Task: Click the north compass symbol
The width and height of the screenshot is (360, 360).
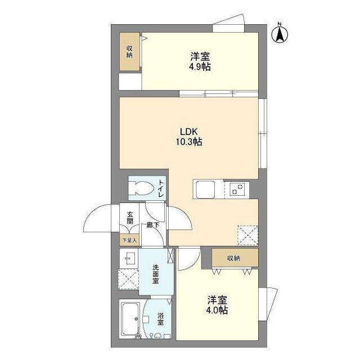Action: pyautogui.click(x=280, y=34)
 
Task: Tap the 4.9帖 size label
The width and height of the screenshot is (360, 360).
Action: pyautogui.click(x=200, y=67)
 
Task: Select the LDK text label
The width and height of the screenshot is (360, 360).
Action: pyautogui.click(x=189, y=132)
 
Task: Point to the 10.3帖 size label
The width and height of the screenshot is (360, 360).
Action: pyautogui.click(x=189, y=142)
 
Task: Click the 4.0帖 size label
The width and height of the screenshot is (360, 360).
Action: pyautogui.click(x=217, y=310)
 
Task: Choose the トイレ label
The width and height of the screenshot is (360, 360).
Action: pyautogui.click(x=161, y=188)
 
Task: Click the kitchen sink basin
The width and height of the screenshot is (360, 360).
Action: pyautogui.click(x=205, y=190)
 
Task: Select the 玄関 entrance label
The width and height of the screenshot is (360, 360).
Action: pyautogui.click(x=130, y=218)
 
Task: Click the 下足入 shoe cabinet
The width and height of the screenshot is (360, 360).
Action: pyautogui.click(x=129, y=240)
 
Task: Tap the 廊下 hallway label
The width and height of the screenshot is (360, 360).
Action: pyautogui.click(x=152, y=225)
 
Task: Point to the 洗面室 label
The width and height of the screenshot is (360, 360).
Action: pyautogui.click(x=155, y=274)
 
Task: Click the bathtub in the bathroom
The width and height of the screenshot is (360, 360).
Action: pyautogui.click(x=130, y=319)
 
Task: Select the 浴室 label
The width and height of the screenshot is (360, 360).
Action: pyautogui.click(x=160, y=318)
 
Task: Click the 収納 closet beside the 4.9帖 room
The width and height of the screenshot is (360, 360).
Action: pyautogui.click(x=129, y=52)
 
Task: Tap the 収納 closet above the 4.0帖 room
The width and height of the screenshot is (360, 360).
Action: pyautogui.click(x=235, y=258)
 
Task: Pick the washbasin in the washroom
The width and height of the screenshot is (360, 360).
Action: pyautogui.click(x=128, y=258)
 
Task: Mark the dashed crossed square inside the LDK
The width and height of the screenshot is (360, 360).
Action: pyautogui.click(x=247, y=235)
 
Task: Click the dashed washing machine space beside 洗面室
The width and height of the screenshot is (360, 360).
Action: pyautogui.click(x=129, y=279)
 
